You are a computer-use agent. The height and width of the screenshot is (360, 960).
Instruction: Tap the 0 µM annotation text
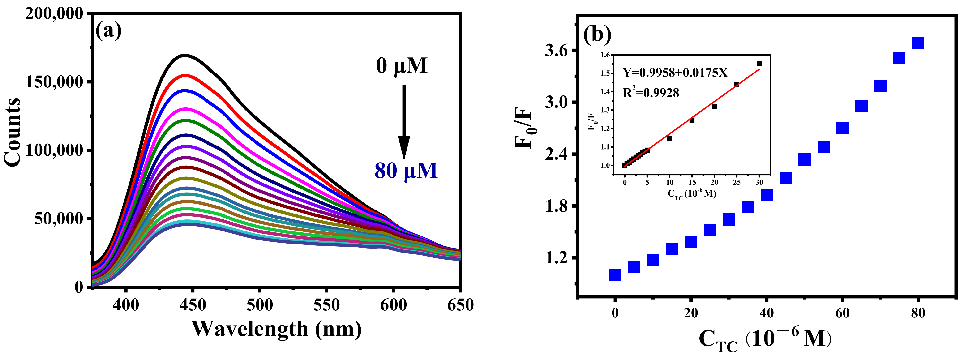401,66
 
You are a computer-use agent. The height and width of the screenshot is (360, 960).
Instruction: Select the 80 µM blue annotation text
406,171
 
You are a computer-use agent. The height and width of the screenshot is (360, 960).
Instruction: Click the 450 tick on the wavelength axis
192,305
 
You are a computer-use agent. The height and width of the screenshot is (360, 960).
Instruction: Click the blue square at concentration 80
918,43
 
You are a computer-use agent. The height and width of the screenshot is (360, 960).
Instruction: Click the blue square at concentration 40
767,195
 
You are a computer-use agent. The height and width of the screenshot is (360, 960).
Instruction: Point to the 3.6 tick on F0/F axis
558,51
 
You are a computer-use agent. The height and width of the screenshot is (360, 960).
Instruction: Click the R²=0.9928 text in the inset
651,92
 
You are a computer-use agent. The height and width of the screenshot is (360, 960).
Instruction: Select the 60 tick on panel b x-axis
842,313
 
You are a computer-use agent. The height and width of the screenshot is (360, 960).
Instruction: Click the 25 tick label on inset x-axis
737,182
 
